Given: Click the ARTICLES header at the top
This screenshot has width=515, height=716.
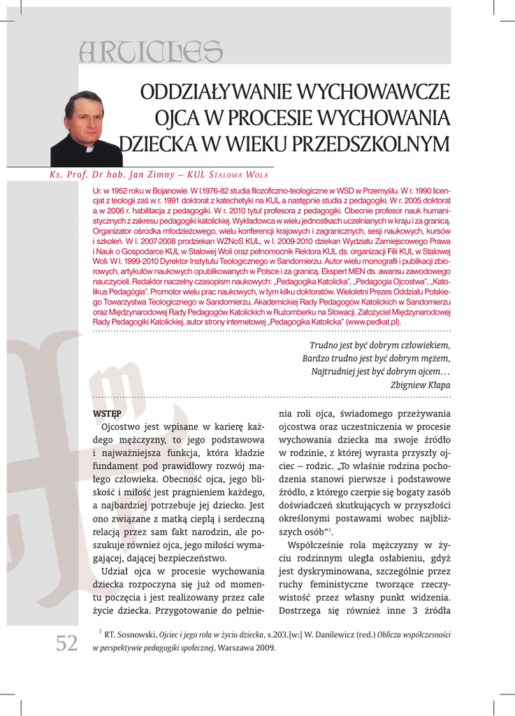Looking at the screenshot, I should (x=151, y=50).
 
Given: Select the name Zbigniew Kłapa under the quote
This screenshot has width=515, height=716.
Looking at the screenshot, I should (x=420, y=385).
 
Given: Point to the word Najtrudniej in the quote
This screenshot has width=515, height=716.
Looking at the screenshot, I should (x=333, y=371).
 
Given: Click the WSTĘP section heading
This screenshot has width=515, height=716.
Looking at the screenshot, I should (x=107, y=413).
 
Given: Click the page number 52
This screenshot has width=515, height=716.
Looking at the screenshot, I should (x=66, y=643).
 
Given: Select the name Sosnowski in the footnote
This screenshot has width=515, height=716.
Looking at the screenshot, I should (x=135, y=635).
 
